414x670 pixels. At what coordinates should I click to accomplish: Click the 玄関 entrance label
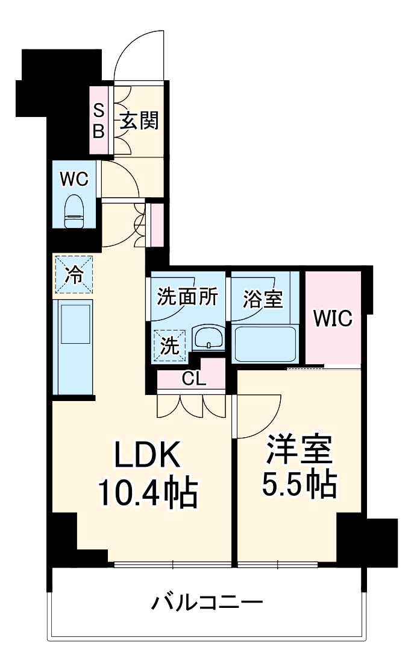click(x=139, y=121)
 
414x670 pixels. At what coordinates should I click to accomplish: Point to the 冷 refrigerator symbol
click(x=74, y=275)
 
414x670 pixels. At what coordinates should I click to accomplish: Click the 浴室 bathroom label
click(x=263, y=298)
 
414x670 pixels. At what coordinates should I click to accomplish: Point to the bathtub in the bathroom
click(x=265, y=344)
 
